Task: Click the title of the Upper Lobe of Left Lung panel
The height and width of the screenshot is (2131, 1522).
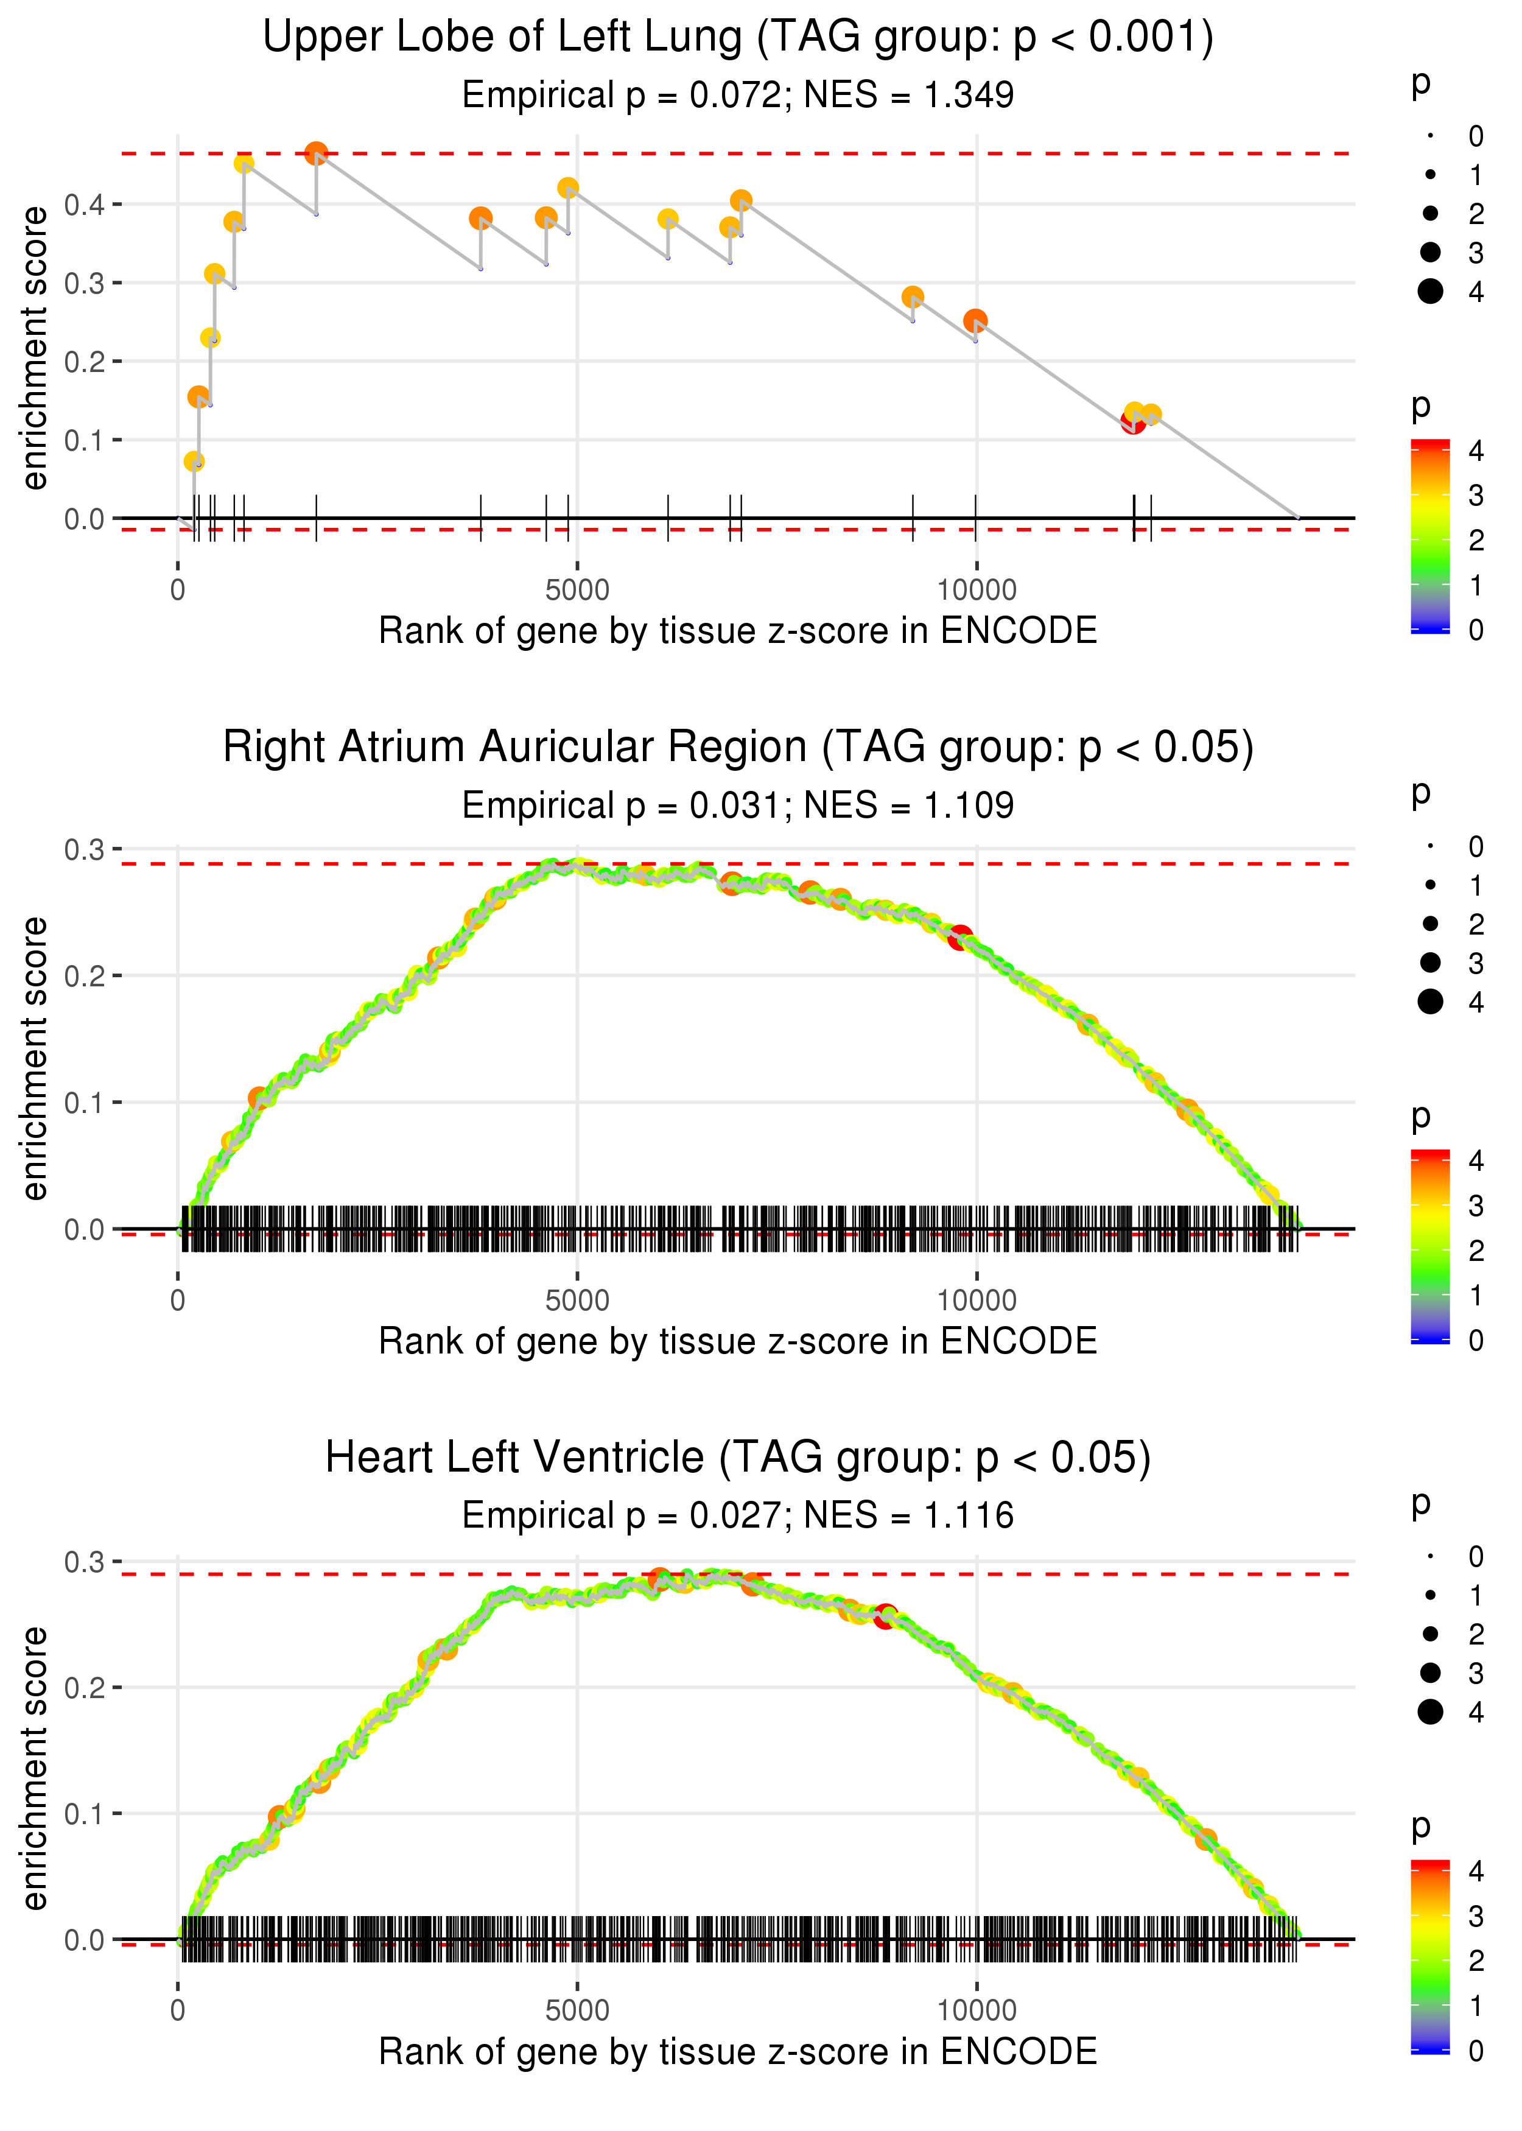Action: [738, 38]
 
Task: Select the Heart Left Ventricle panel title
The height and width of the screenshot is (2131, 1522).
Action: [738, 1457]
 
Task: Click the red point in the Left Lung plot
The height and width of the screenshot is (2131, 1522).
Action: [1133, 422]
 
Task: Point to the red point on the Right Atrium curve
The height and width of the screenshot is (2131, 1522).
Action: [959, 937]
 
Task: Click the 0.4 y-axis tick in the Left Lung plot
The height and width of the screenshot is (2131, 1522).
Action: [85, 205]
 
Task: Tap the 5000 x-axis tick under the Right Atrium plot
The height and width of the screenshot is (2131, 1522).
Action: [577, 1301]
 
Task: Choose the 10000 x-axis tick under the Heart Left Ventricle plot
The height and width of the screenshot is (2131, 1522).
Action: [977, 2010]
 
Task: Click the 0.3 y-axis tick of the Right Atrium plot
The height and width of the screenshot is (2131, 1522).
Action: [85, 850]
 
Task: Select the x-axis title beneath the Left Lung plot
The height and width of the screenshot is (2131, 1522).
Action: [738, 631]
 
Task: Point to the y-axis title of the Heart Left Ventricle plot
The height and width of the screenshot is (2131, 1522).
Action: [35, 1768]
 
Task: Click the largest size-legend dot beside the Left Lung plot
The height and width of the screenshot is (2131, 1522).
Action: [1430, 292]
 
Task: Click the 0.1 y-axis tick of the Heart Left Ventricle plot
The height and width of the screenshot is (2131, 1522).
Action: [85, 1814]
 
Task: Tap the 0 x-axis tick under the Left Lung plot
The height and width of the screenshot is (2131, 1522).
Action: [178, 591]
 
